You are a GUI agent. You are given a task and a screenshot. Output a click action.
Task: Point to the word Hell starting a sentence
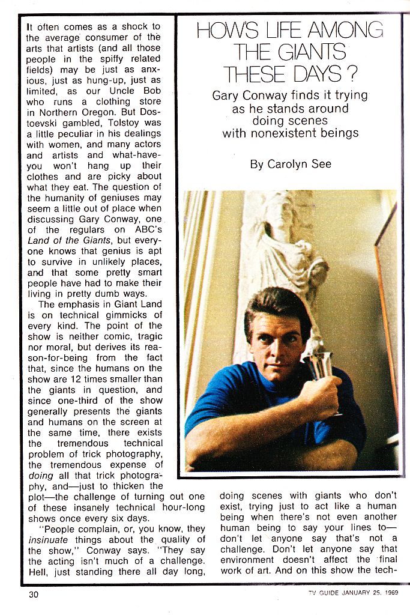(x=38, y=572)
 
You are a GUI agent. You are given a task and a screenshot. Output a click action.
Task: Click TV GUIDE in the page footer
(x=321, y=595)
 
